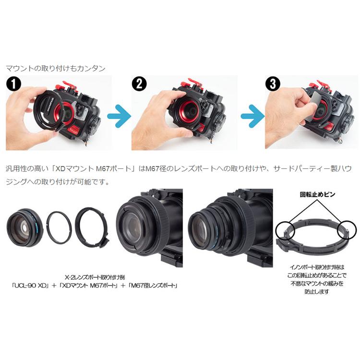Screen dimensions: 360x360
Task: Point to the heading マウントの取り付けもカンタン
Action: click(55, 68)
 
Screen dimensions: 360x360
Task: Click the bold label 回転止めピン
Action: click(318, 195)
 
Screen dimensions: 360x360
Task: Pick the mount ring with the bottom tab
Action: click(92, 226)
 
